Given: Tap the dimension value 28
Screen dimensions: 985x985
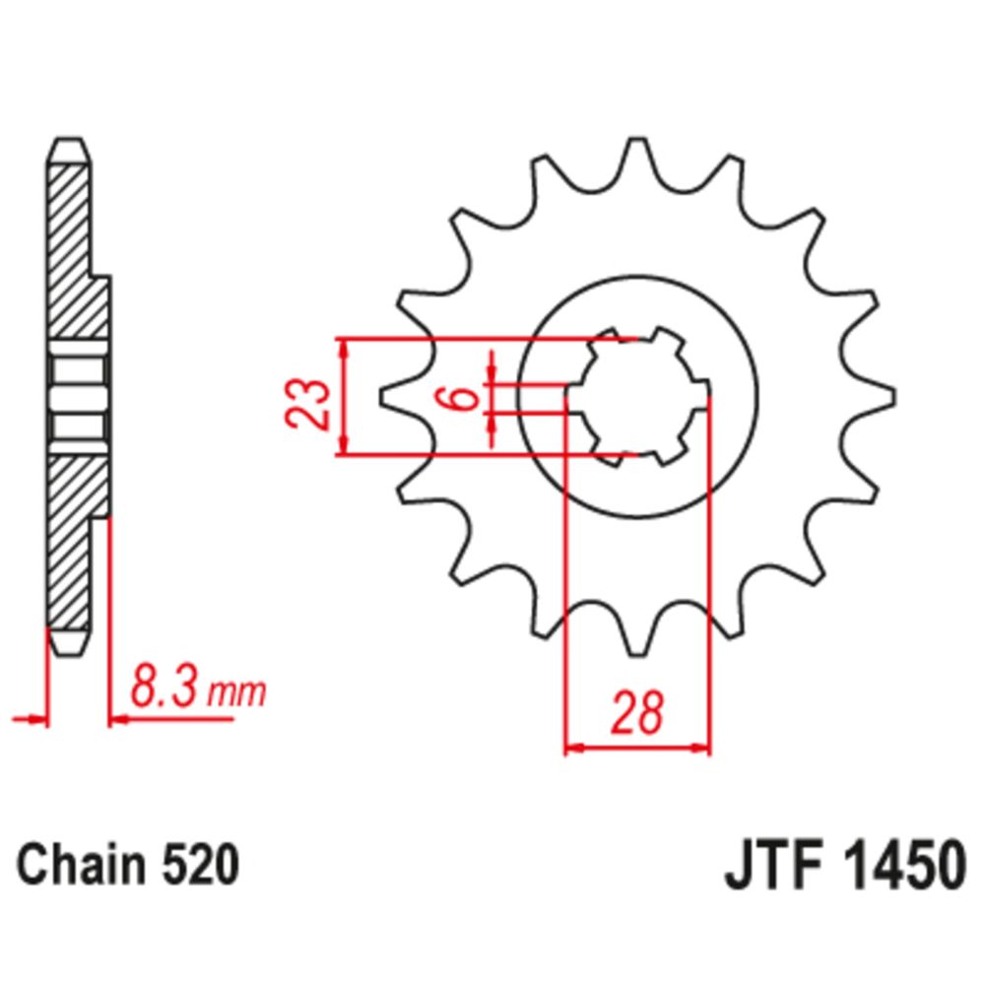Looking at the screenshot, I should (x=636, y=713).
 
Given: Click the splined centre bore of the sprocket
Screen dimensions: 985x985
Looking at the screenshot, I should (x=638, y=397).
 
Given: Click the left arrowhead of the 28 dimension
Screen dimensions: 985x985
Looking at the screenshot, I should (x=572, y=749).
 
